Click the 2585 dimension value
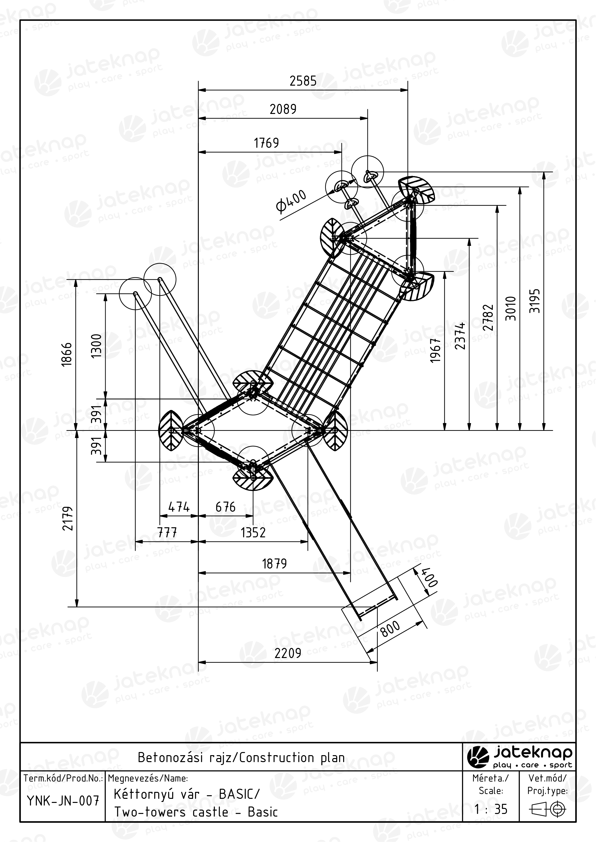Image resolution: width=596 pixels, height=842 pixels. (x=303, y=81)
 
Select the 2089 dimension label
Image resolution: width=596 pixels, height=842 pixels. (x=283, y=109)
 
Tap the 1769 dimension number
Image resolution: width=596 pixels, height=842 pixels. (x=267, y=143)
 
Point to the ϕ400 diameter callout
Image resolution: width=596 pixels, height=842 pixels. (x=291, y=201)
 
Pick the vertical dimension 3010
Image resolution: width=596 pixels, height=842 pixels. (x=511, y=308)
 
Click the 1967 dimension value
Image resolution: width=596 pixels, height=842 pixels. (x=435, y=350)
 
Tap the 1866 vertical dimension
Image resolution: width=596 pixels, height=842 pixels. (x=67, y=354)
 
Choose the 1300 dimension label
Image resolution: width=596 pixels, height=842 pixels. (x=96, y=346)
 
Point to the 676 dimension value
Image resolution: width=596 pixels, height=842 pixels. (x=225, y=507)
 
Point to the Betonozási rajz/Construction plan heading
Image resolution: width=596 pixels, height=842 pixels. (x=241, y=757)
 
